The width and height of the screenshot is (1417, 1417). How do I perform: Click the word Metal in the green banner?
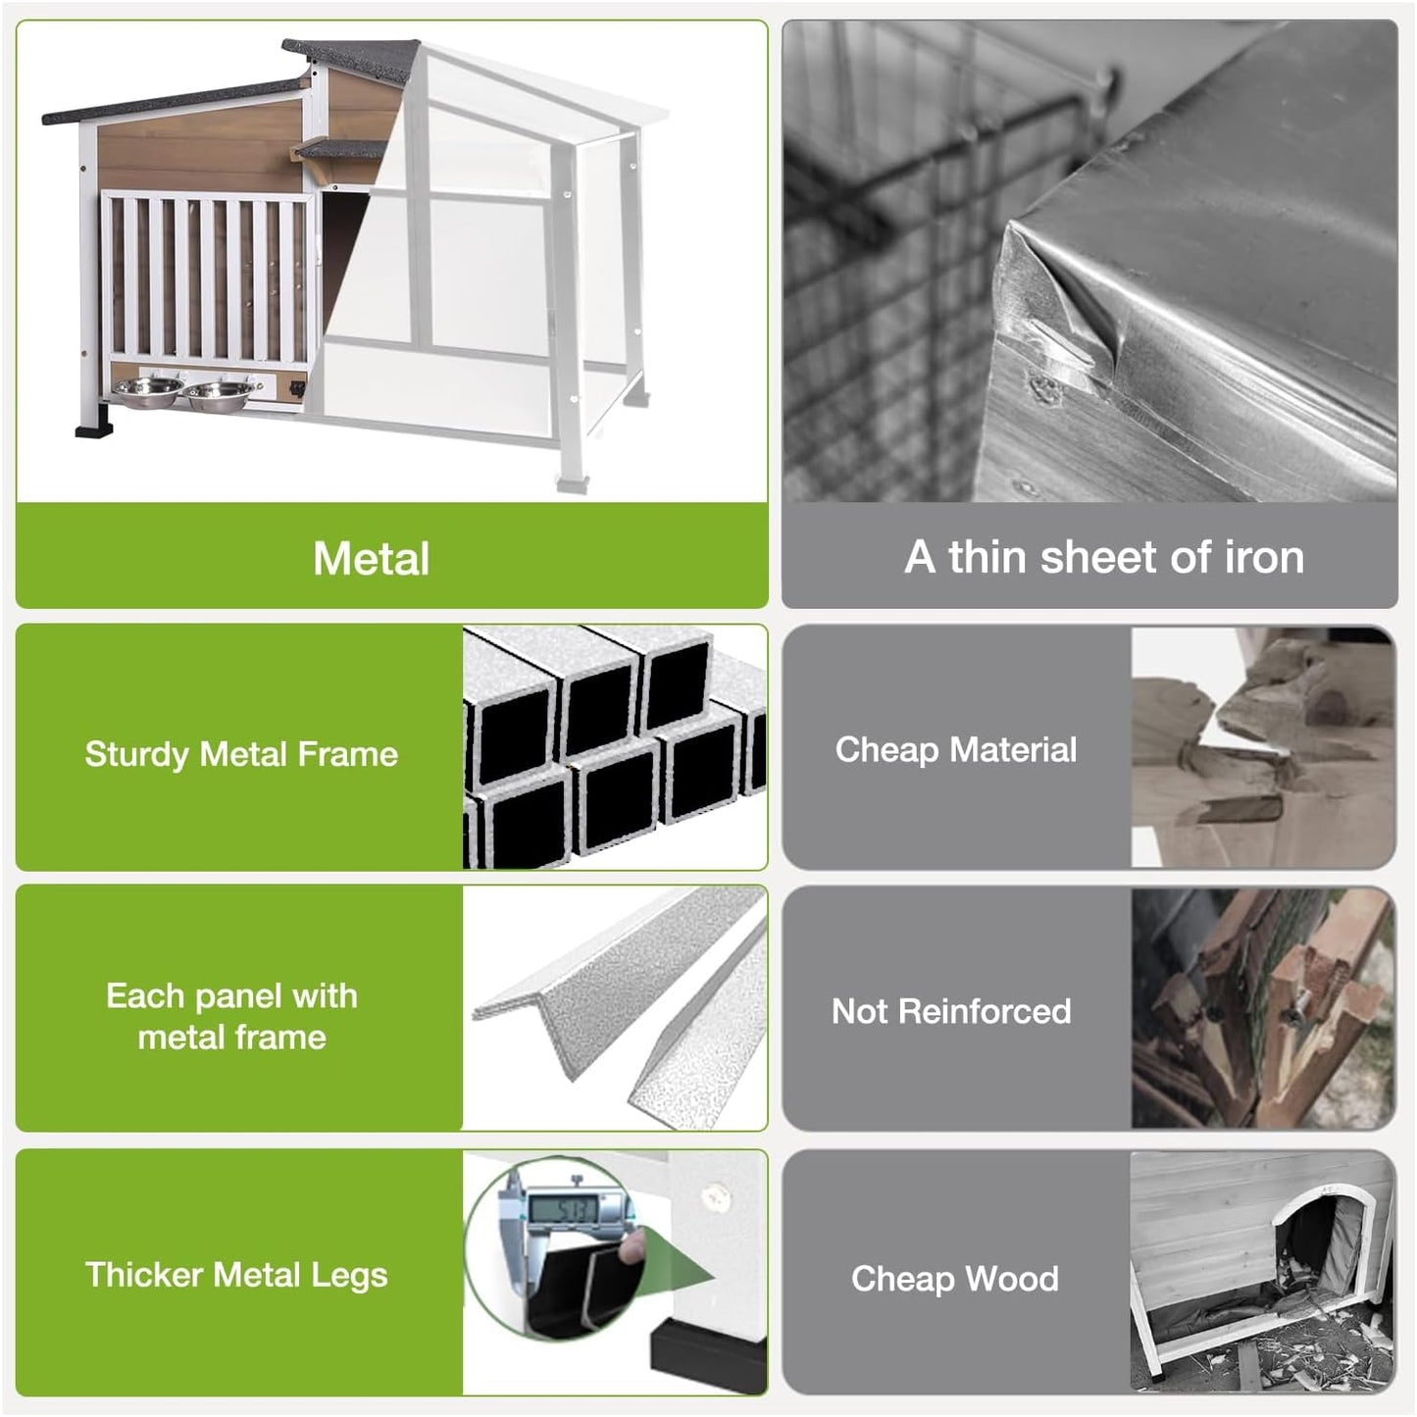[371, 559]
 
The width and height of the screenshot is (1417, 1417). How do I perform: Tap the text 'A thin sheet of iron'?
[1103, 557]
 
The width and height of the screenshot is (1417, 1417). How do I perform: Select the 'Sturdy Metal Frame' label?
[241, 754]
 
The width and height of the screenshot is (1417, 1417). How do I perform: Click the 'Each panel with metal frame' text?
[231, 1016]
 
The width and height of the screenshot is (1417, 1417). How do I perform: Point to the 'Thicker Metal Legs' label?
[236, 1275]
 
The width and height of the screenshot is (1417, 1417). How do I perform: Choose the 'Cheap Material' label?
[955, 750]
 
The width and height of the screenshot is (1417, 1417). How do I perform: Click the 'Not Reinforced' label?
[950, 1011]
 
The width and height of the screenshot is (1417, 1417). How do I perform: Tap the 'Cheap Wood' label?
[954, 1279]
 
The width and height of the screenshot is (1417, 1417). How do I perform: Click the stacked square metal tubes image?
[614, 747]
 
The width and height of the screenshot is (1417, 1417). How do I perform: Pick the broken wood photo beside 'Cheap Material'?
[1262, 747]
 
